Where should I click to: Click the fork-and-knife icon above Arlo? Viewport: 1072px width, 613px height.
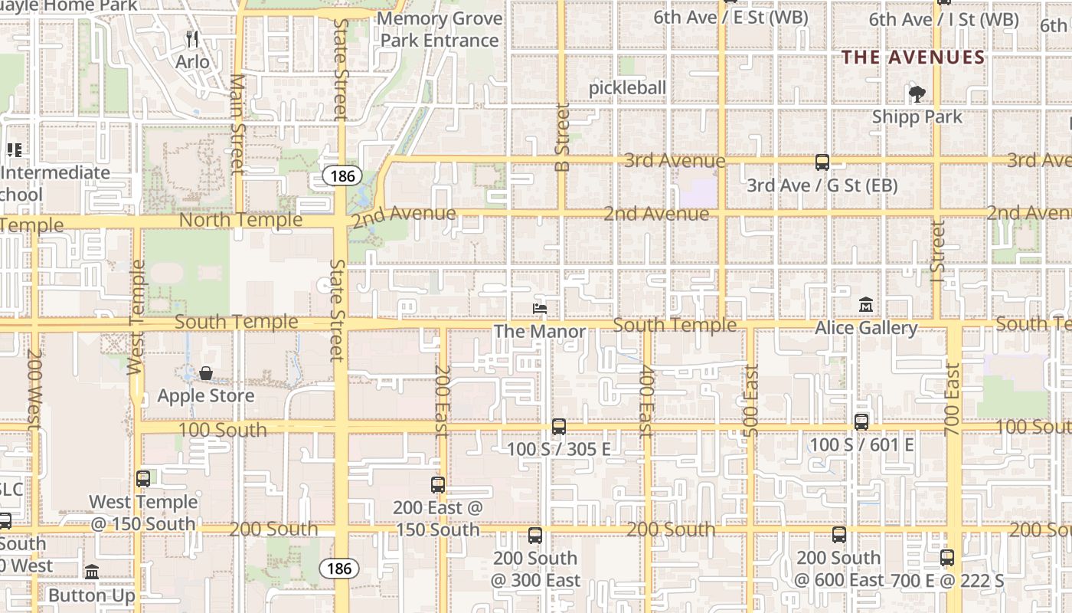coord(192,39)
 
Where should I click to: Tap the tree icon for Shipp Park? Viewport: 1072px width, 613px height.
coord(917,94)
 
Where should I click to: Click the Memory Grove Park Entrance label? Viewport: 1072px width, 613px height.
coord(440,29)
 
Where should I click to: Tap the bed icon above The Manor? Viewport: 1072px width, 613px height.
coord(540,309)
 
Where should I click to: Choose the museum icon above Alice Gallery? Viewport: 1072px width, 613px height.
coord(865,305)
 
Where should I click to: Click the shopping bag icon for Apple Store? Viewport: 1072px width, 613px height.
coord(206,374)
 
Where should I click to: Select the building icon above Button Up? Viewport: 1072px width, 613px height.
coord(92,572)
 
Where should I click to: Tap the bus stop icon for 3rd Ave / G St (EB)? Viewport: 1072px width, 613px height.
coord(822,162)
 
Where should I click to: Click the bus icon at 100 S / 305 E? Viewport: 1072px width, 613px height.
coord(559,427)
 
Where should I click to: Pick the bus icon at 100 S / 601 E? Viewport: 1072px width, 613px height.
coord(861,422)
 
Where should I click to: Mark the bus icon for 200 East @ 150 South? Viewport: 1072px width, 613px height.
coord(438,485)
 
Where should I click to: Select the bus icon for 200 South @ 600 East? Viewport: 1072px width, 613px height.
coord(839,535)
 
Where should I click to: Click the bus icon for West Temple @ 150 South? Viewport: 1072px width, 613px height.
coord(143,480)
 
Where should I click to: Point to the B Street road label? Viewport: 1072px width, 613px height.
coord(563,137)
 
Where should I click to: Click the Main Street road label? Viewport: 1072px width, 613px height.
coord(237,123)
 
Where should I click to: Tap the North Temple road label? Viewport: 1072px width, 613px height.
coord(240,221)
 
